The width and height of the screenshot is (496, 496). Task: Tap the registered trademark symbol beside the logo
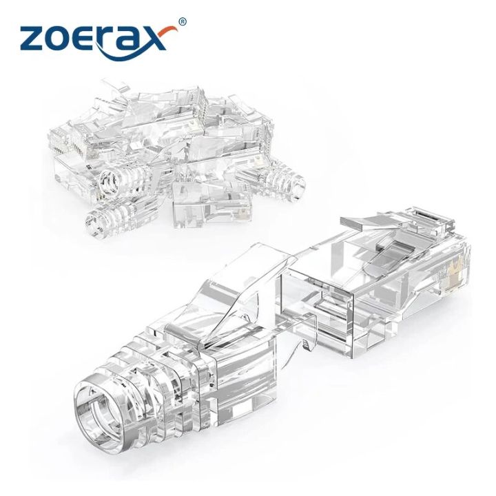(x=182, y=22)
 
